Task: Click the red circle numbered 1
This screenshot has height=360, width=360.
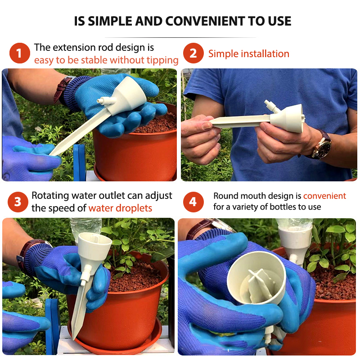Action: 20,53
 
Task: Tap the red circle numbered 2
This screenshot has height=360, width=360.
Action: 193,53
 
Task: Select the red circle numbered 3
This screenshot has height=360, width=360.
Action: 18,202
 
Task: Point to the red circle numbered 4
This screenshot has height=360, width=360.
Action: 193,202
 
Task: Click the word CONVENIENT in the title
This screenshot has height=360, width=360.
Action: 205,21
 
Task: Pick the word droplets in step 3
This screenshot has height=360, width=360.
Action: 134,208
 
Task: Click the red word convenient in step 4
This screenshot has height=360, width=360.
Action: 324,196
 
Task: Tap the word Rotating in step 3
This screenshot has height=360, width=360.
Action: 50,196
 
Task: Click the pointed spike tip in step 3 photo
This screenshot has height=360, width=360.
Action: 73,338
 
